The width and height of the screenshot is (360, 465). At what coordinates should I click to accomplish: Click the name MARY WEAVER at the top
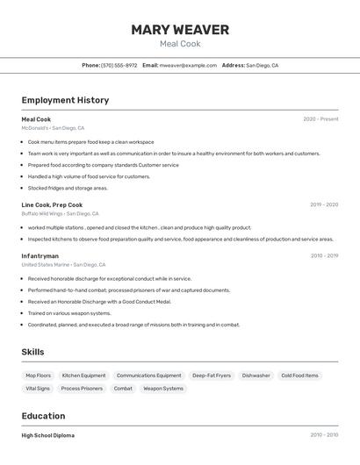click(180, 30)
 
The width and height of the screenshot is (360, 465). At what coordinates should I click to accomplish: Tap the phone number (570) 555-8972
click(119, 65)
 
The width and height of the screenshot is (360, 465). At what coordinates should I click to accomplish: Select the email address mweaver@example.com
click(188, 65)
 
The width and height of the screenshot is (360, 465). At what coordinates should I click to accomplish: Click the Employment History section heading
click(65, 100)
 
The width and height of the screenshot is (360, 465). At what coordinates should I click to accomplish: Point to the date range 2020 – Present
click(320, 119)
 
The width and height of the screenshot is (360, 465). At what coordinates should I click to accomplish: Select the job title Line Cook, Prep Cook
click(52, 204)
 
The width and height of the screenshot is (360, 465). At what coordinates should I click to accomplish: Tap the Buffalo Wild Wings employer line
click(61, 213)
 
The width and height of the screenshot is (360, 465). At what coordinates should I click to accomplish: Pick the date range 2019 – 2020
click(323, 204)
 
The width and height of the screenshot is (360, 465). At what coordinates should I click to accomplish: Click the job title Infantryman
click(40, 255)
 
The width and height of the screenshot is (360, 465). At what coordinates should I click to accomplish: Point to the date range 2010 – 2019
click(324, 255)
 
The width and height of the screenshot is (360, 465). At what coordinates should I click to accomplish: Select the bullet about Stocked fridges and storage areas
click(68, 188)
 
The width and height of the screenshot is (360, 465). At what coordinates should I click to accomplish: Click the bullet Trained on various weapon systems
click(69, 313)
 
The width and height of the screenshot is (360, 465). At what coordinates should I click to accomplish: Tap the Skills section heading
click(33, 352)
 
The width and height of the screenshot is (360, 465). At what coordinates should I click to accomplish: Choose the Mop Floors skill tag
click(38, 376)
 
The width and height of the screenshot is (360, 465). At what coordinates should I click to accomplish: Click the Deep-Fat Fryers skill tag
click(212, 376)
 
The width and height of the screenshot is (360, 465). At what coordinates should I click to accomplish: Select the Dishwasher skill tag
click(256, 376)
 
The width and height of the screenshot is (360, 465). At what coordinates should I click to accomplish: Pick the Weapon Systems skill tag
click(163, 388)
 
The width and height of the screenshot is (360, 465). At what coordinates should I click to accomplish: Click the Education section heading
click(43, 416)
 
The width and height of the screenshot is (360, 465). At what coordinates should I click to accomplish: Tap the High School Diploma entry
click(48, 435)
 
